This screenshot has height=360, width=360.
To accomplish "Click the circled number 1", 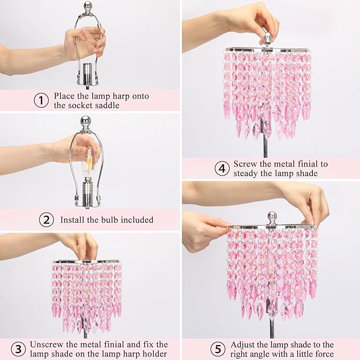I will point(41,100).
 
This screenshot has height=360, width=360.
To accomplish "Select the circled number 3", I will point(19,349).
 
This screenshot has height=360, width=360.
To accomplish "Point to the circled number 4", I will point(222,169).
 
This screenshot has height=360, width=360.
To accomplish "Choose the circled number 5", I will point(218,349).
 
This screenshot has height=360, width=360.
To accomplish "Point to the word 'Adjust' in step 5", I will point(246,344).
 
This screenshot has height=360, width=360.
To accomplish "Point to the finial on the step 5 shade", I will point(272,217).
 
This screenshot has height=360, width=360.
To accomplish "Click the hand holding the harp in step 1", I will point(85,42).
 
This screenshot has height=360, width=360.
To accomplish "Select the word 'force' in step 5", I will point(322,354).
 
